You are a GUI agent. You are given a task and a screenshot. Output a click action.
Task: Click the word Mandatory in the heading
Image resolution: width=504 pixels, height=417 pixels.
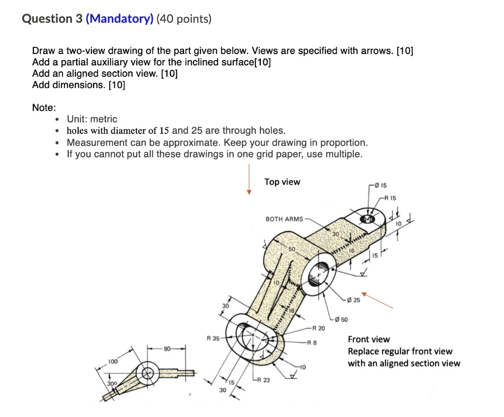point(120,19)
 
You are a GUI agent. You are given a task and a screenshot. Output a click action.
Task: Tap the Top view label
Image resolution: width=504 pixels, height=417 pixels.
point(282,182)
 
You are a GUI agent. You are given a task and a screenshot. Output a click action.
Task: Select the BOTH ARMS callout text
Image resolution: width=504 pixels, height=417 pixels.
point(284,219)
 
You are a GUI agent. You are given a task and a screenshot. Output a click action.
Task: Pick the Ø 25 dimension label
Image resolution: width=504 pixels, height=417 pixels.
point(353,300)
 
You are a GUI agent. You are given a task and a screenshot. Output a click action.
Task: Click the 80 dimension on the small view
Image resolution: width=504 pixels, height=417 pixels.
point(168,349)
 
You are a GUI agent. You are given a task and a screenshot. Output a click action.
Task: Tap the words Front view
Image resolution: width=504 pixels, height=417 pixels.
point(369,339)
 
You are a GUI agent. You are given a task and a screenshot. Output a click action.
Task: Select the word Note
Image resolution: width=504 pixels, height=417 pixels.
point(44,107)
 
